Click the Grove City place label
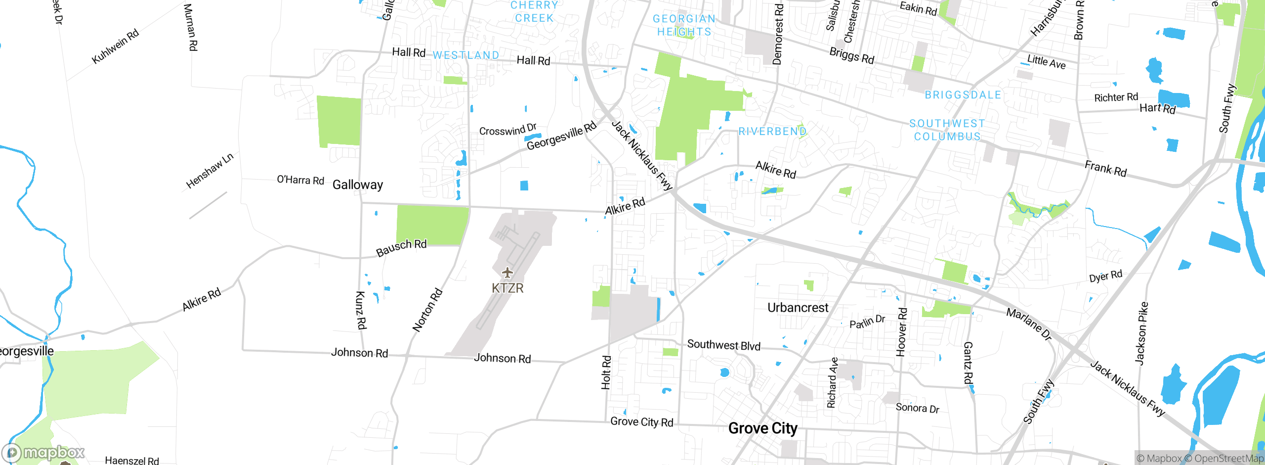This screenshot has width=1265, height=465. pos(762,428)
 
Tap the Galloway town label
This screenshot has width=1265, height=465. pos(358,185)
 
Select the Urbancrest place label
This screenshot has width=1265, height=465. pos(798,308)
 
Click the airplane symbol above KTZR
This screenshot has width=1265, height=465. pos(507,272)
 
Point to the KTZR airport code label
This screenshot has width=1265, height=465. pos(507,288)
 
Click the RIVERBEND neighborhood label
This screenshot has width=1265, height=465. pos(772,131)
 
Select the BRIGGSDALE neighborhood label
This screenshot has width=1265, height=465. pos(963,95)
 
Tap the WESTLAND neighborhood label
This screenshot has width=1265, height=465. pos(466,55)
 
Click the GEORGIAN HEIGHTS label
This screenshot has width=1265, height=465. pos(684,25)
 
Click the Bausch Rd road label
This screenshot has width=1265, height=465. pos(401,247)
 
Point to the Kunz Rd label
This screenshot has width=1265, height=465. pos(361,310)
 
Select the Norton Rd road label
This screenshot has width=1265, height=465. pos(427,310)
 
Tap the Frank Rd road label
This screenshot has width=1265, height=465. pos(1105,169)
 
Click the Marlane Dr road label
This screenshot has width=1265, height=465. pos(1029,324)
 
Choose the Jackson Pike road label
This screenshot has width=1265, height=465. pos(1141,333)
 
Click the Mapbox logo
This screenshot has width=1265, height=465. pos(43,452)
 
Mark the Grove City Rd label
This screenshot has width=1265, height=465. pos(641,421)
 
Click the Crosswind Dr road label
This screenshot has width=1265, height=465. pos(507,130)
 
